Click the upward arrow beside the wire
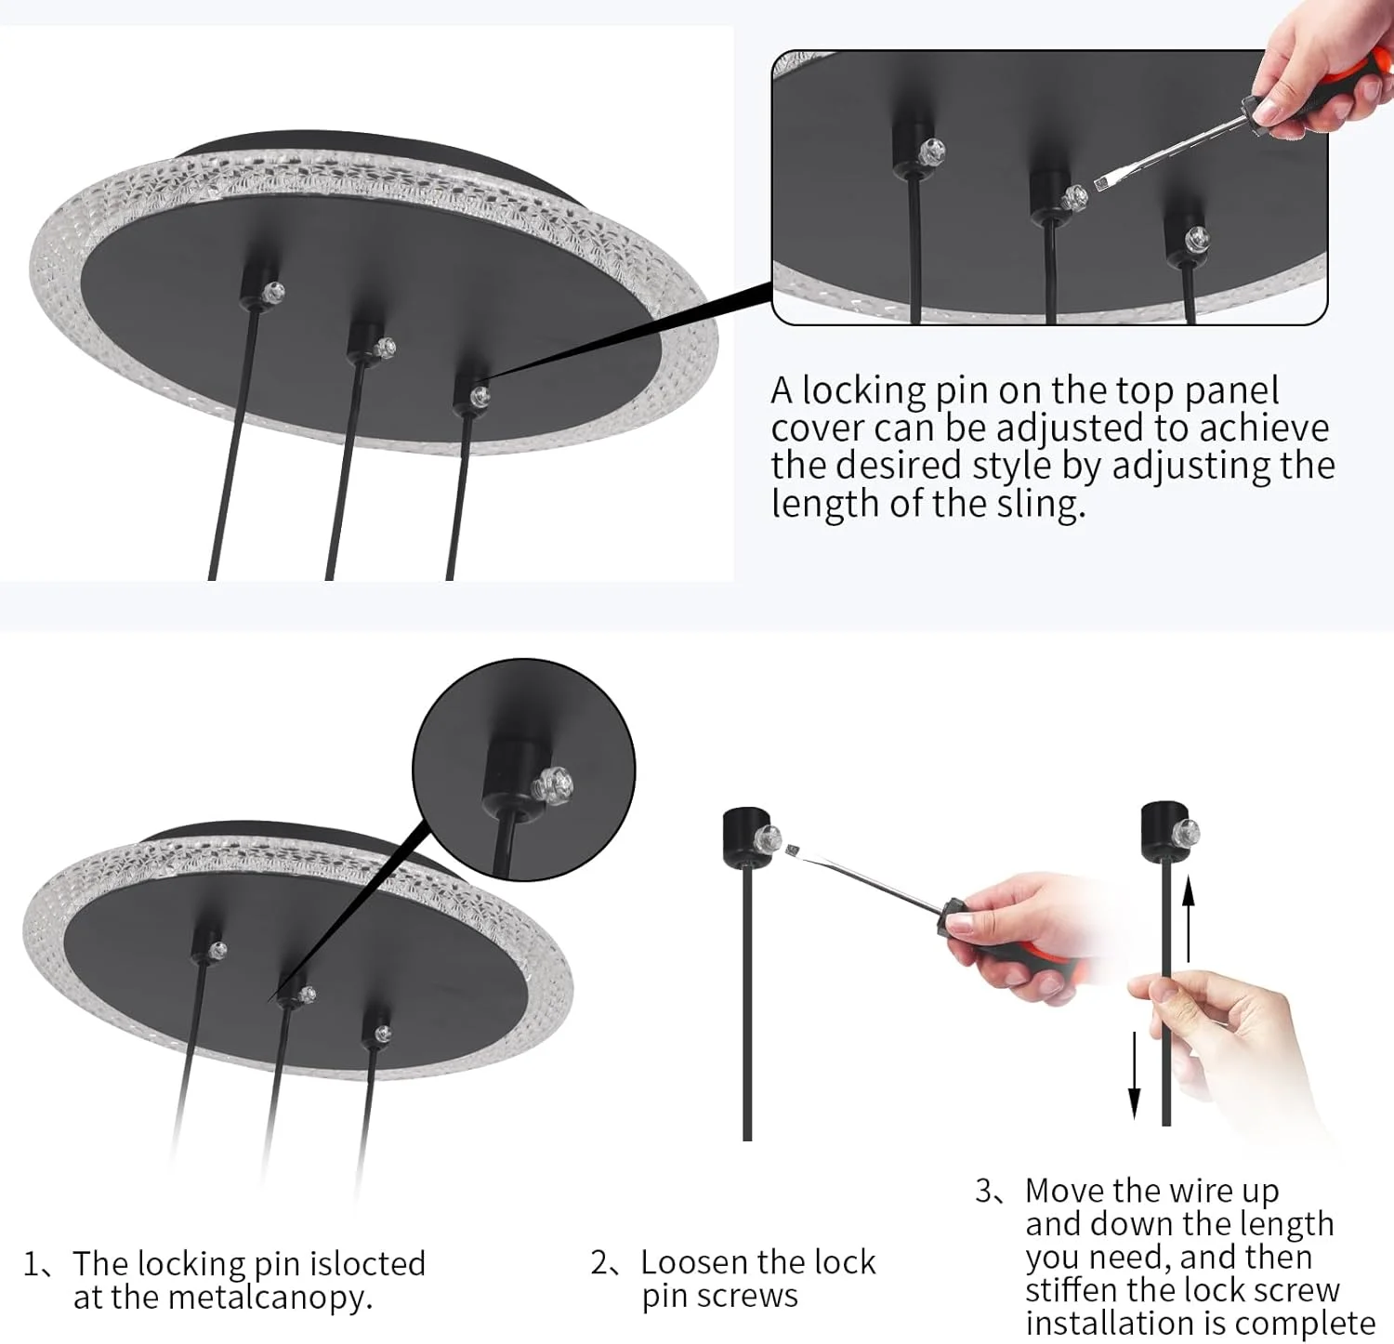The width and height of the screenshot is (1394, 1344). (x=1188, y=919)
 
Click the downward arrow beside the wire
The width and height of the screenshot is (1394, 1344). (x=1134, y=1074)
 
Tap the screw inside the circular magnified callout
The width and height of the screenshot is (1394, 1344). (x=553, y=787)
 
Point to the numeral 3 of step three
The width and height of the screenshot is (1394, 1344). (x=984, y=1191)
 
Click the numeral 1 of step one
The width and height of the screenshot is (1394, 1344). (x=33, y=1264)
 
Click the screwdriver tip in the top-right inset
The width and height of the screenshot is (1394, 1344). (x=1102, y=183)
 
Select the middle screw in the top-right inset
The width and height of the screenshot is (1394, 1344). (x=1075, y=197)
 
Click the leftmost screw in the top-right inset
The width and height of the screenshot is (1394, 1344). (x=932, y=149)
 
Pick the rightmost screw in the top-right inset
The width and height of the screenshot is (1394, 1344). (x=1197, y=237)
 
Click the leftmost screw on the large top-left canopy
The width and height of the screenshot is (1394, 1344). (x=271, y=292)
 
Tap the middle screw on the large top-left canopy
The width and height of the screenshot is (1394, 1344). (x=385, y=349)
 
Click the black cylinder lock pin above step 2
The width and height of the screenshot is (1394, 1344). (x=746, y=836)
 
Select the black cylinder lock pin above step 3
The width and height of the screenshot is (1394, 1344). (x=1165, y=831)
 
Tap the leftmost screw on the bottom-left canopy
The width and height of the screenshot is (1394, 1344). (x=217, y=951)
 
